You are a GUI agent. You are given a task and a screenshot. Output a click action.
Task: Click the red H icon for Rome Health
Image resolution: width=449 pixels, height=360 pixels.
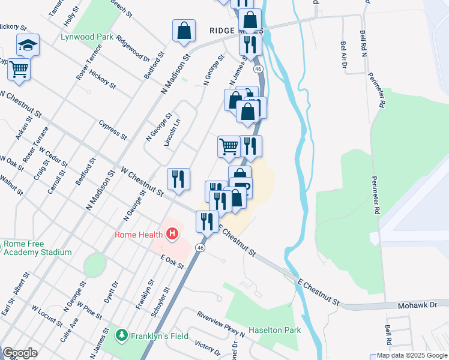172,233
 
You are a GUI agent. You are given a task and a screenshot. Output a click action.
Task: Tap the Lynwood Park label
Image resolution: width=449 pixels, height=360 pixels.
87,37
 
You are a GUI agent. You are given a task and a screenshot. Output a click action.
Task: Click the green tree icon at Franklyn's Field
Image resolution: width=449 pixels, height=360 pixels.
122,335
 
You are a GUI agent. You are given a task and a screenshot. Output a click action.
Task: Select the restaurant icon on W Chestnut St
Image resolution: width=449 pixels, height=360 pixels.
178,179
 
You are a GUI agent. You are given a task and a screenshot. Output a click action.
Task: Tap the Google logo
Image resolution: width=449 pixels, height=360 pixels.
20,353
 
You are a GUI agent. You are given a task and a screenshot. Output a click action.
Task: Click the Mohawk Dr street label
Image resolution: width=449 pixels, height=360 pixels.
418,306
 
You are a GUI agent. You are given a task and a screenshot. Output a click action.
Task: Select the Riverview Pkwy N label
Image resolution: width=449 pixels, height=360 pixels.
220,323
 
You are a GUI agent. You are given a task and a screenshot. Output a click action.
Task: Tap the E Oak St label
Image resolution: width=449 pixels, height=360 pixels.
172,262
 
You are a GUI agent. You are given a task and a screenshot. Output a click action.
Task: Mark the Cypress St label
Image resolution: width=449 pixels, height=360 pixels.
112,129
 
